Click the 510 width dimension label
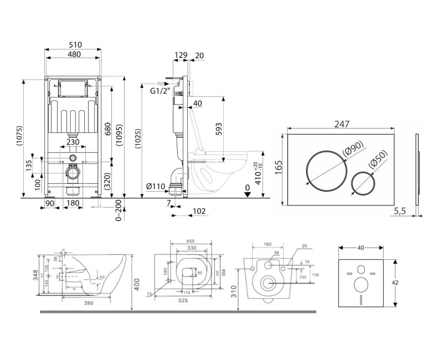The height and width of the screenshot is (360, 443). (x=73, y=44)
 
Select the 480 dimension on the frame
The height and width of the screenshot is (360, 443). (x=73, y=54)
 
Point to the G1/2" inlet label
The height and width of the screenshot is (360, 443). (x=159, y=91)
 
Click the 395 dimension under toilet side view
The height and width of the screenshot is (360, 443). (x=87, y=303)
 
